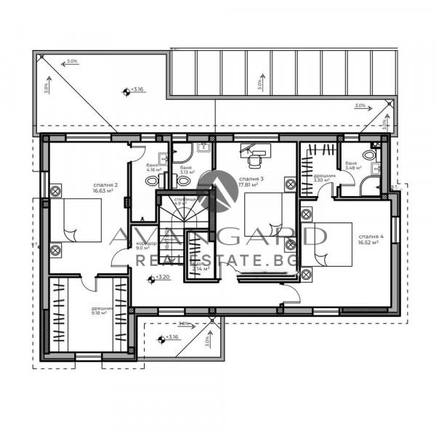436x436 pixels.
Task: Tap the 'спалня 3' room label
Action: click(x=251, y=178)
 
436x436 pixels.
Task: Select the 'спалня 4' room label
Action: click(x=368, y=236)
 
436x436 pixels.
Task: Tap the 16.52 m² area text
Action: click(x=368, y=243)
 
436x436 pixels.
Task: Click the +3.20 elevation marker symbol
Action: click(x=150, y=278)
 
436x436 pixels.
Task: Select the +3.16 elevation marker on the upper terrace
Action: click(x=127, y=91)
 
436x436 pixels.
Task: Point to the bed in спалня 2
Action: click(x=76, y=221)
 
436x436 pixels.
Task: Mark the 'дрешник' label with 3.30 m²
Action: click(x=323, y=176)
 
